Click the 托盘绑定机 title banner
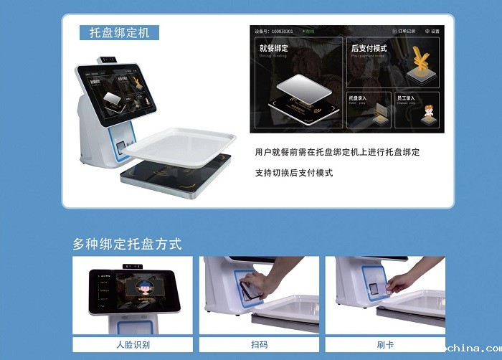coord(119,33)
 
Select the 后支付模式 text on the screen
coord(369,49)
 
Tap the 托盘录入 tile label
coord(357,98)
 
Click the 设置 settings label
coord(433,32)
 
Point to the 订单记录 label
coord(404,32)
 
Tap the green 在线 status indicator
coord(310,32)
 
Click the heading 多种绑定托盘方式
coord(127,244)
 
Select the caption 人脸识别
coord(133,345)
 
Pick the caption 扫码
coord(259,345)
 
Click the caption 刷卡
coord(385,345)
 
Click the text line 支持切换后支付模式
coord(294,173)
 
